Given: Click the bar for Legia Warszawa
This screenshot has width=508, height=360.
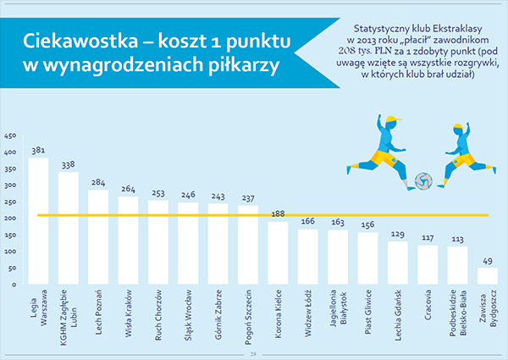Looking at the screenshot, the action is [38, 221].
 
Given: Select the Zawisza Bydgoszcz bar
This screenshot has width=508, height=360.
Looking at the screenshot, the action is [488, 276].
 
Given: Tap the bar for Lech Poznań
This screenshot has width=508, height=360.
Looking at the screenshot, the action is [98, 237].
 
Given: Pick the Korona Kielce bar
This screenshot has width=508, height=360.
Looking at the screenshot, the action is [278, 253].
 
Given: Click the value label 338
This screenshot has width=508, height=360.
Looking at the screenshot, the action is [69, 165].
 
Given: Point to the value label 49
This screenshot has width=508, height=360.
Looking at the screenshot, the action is [488, 261].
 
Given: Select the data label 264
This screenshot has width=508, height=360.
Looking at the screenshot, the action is [129, 189].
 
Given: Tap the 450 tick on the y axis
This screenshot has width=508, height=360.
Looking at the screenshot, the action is [10, 136].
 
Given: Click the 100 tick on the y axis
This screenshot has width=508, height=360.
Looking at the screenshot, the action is [10, 252].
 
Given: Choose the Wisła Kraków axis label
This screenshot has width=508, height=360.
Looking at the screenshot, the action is [129, 313].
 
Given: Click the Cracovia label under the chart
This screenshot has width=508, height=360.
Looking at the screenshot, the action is [428, 305].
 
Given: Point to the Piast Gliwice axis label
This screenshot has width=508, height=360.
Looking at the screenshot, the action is [367, 312].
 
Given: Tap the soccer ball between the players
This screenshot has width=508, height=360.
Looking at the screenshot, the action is [423, 181].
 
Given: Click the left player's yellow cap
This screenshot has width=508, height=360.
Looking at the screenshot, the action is [393, 119].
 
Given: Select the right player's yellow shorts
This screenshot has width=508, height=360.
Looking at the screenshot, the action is [464, 161].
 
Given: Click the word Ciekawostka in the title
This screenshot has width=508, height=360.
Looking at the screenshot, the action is [80, 42].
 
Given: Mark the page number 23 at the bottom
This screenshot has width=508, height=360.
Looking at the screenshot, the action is [253, 354].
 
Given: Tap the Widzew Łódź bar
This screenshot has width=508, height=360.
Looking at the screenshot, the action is [308, 257].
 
